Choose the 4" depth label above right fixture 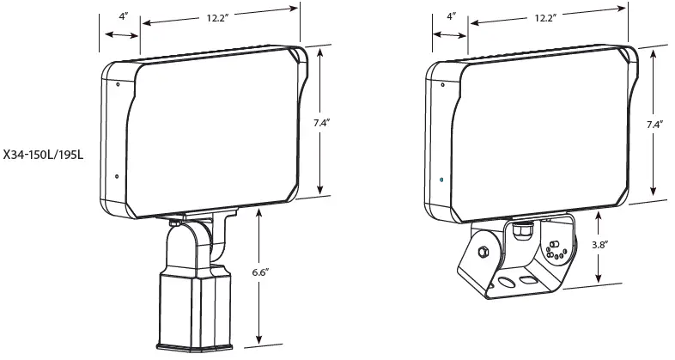coord(451,16)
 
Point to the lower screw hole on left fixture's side coord(117,179)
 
